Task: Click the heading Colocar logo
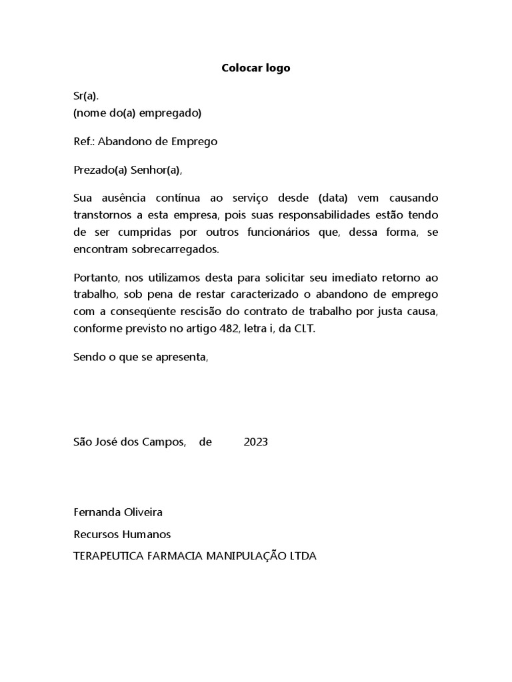click(256, 69)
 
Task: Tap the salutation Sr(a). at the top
click(86, 97)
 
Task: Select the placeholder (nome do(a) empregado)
click(137, 113)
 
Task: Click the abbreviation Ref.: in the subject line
click(84, 141)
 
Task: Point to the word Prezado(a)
click(100, 170)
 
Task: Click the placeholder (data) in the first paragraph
click(333, 199)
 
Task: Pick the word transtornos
click(104, 216)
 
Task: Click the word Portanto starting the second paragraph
click(95, 277)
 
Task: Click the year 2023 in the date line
click(256, 442)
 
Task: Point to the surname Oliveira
click(143, 512)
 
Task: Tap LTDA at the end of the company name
click(303, 555)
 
